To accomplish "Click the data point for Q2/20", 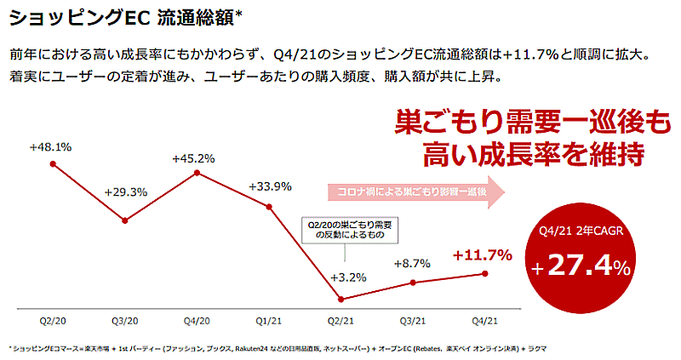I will (53, 163).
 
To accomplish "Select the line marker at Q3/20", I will (125, 220).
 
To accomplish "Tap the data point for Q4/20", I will (197, 173).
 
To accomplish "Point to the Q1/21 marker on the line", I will (269, 207).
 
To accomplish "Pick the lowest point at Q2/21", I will (340, 299).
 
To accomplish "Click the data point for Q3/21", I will (412, 283).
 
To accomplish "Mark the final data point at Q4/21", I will (484, 273).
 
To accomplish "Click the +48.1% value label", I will (50, 146).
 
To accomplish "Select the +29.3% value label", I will (124, 191).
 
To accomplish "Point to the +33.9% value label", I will (270, 186).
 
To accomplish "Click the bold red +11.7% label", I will (482, 254).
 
